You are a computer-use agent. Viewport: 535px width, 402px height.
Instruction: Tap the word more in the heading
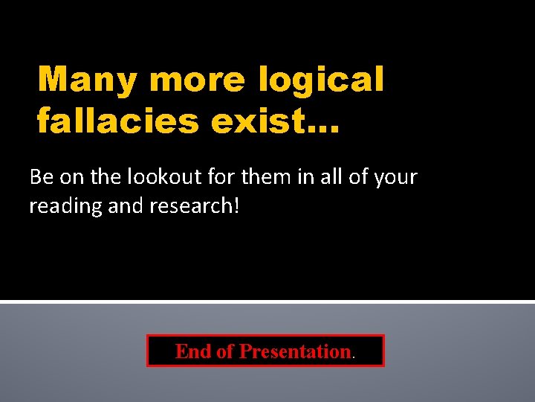click(x=196, y=80)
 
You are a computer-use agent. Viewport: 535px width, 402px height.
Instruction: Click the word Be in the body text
click(x=40, y=177)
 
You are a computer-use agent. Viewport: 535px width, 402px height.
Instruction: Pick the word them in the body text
click(x=257, y=177)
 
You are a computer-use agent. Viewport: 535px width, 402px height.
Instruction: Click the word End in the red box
click(x=193, y=351)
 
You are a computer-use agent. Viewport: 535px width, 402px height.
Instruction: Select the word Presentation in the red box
click(x=295, y=351)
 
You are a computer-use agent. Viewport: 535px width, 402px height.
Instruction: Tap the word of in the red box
click(x=225, y=351)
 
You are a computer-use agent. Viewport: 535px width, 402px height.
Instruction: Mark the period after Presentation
click(x=354, y=356)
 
